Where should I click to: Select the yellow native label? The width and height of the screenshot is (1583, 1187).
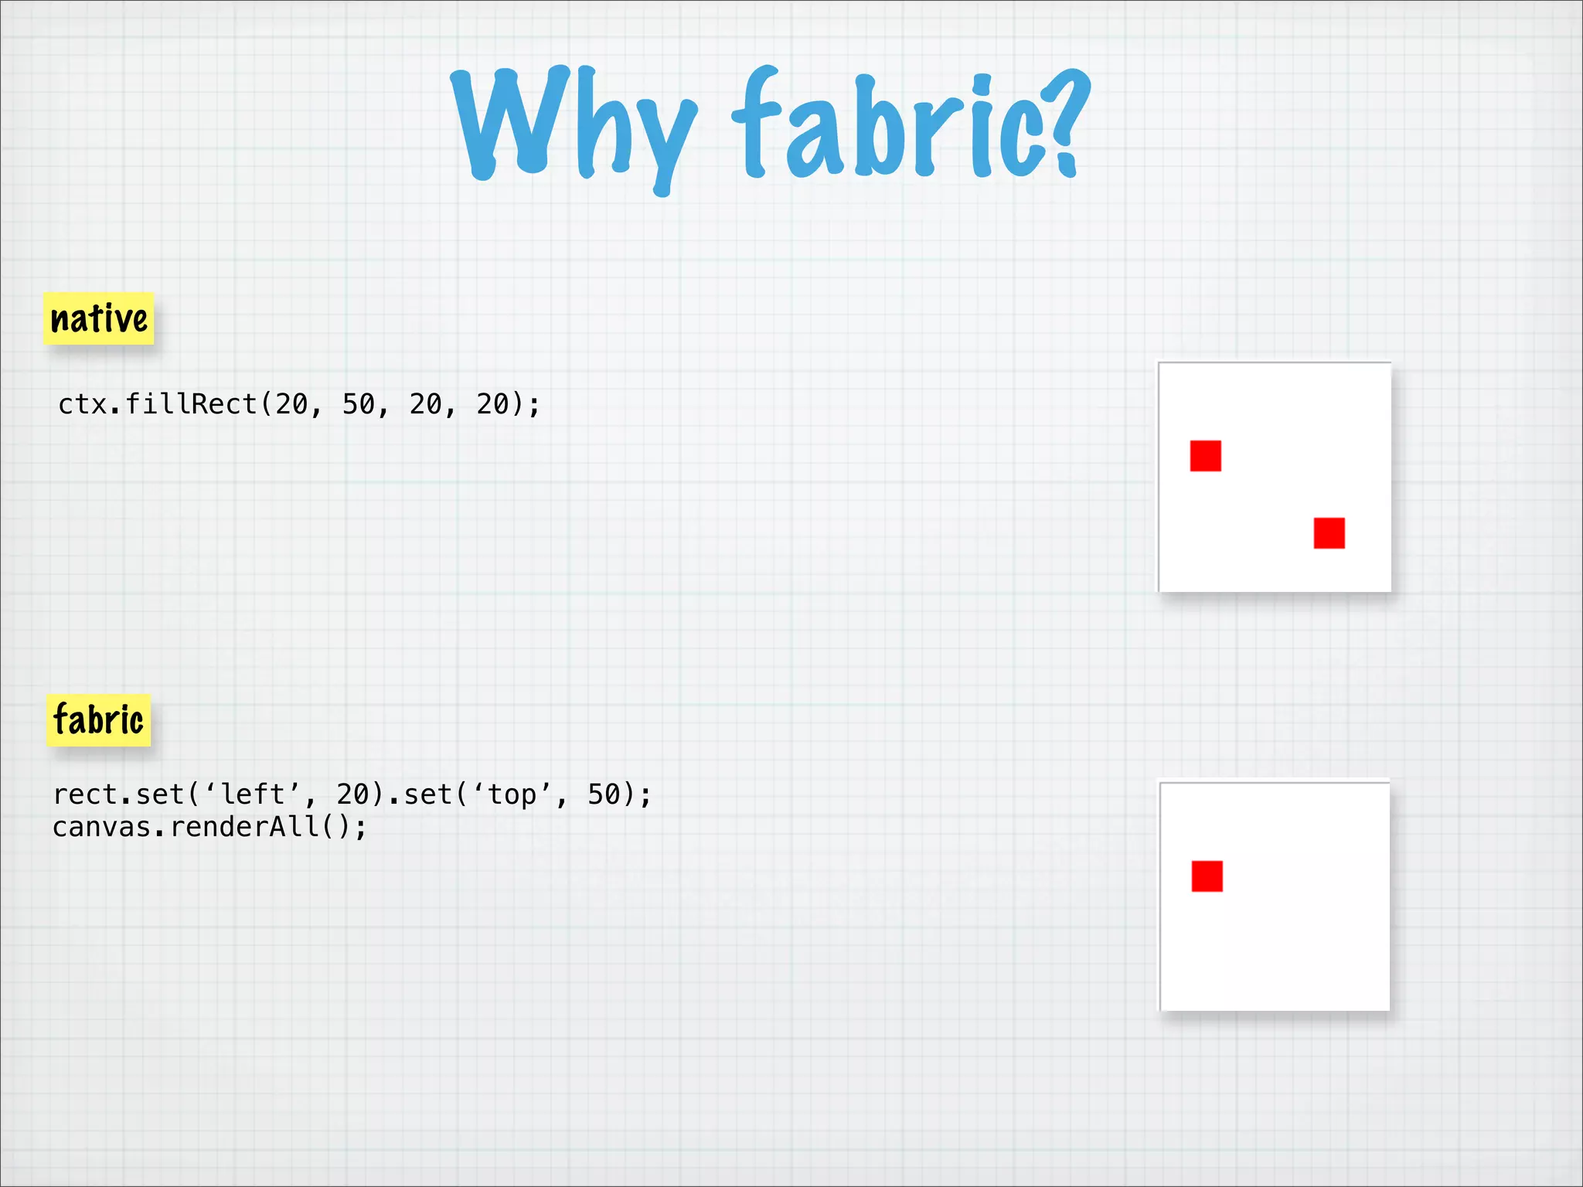99,318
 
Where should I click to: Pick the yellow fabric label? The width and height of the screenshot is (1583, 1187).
98,720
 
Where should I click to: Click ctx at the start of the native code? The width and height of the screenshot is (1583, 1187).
82,404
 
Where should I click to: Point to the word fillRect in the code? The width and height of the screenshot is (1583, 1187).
191,404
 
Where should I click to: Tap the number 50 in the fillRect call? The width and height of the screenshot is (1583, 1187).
359,404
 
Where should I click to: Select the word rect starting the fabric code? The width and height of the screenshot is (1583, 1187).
85,794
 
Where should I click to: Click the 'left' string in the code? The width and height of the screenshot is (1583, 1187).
253,794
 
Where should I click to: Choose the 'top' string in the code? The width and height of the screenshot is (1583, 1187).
512,794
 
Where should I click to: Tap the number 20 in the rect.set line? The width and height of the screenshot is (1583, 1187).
353,794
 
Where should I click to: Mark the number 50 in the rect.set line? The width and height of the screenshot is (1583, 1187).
604,794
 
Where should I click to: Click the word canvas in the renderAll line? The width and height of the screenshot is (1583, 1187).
101,828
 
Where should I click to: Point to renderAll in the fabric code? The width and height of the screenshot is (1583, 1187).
244,828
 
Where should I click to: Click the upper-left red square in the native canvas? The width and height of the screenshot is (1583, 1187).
1205,456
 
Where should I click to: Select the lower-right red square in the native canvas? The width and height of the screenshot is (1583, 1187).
1329,533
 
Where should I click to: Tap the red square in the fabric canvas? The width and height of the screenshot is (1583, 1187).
1207,876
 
